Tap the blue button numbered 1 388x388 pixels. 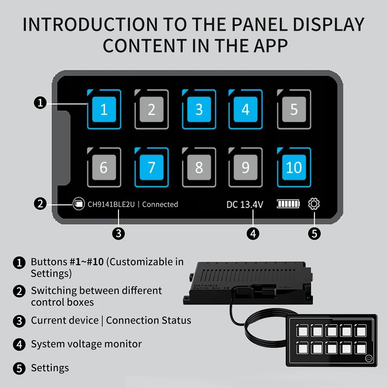point(104,109)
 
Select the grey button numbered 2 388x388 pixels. point(152,109)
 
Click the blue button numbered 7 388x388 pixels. point(152,167)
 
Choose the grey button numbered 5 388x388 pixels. point(294,109)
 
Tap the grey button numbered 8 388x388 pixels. point(199,167)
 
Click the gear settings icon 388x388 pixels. point(314,204)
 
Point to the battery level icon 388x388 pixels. point(288,204)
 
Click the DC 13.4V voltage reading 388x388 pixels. point(245,204)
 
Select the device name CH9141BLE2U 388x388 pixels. point(111,204)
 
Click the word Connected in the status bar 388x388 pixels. point(160,204)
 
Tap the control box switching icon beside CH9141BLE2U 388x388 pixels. point(79,204)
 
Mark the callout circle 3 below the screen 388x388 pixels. point(118,233)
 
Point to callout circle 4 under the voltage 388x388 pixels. point(253,233)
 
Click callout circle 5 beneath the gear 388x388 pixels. point(314,233)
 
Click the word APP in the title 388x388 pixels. point(267,45)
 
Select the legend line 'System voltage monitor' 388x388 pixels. point(86,344)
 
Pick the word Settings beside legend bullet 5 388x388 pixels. point(50,368)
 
